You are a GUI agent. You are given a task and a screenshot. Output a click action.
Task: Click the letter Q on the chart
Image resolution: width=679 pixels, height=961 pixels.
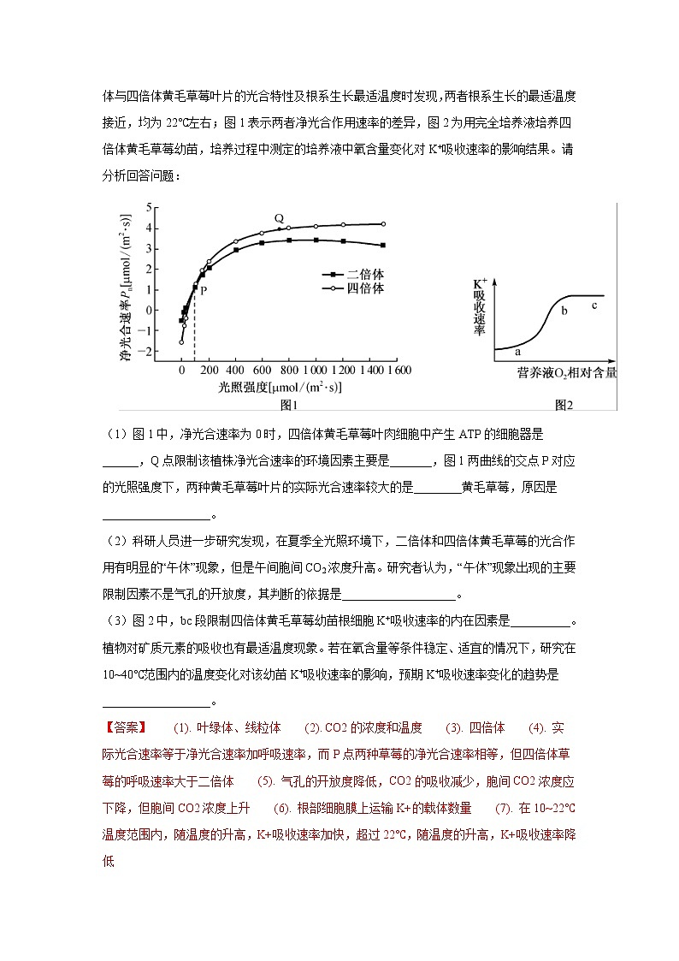point(279,218)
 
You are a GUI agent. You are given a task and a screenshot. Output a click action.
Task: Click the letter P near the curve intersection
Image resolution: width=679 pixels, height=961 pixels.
point(204,290)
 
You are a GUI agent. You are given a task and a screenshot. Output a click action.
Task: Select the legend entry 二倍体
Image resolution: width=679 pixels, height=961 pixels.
point(365,274)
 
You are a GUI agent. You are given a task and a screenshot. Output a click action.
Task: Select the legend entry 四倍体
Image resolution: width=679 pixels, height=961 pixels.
point(365,288)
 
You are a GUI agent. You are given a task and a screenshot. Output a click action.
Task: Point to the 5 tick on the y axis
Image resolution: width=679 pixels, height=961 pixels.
point(148,207)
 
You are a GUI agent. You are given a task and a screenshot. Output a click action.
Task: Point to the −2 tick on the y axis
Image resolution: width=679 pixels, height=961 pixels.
point(146,352)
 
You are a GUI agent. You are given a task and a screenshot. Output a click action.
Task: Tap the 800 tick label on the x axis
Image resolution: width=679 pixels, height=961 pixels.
point(290,371)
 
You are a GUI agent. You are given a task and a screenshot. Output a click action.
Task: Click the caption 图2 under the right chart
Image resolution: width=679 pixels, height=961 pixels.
point(562,404)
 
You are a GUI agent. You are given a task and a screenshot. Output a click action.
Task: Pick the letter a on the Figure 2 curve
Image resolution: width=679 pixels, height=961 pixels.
point(517,351)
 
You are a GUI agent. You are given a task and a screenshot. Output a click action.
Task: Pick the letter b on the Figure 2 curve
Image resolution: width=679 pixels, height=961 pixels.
point(564,311)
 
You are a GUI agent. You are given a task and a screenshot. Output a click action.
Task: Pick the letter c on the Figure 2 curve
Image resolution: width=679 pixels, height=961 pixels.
point(593,306)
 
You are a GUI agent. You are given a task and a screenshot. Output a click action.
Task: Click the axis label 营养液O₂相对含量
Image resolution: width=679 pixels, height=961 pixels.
point(566,373)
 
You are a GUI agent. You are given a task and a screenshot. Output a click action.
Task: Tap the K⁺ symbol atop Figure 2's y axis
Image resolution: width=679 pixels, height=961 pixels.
point(479,282)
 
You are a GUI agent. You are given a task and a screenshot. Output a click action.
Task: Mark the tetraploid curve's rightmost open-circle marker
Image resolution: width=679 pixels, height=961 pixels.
point(382,224)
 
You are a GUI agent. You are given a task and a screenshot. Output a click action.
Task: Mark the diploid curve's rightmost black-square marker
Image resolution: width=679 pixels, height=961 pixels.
point(382,246)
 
